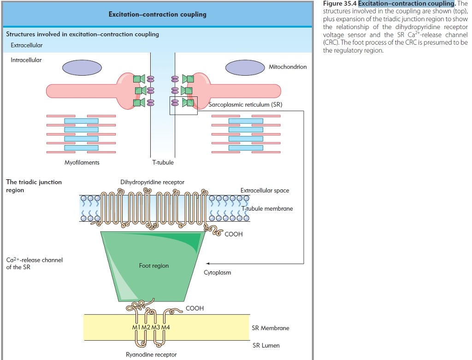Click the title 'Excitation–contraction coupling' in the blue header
click(x=157, y=14)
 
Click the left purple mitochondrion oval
click(x=82, y=67)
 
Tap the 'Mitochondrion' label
click(x=288, y=67)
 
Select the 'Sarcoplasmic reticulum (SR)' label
click(x=245, y=105)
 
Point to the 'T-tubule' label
click(x=163, y=162)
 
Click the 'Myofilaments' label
click(x=82, y=162)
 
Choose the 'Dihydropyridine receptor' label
click(x=152, y=182)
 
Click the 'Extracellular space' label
click(x=265, y=190)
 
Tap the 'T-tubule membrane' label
click(x=267, y=208)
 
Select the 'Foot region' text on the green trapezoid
click(x=154, y=266)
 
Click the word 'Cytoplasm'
click(x=218, y=272)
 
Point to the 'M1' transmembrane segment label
click(x=136, y=327)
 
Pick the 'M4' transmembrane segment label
click(x=165, y=327)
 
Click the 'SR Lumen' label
click(x=266, y=345)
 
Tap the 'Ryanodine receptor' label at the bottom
click(x=151, y=354)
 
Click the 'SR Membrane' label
click(x=271, y=328)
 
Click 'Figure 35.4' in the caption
click(x=340, y=4)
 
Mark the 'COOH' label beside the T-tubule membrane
click(x=234, y=234)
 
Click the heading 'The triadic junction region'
click(x=34, y=186)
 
